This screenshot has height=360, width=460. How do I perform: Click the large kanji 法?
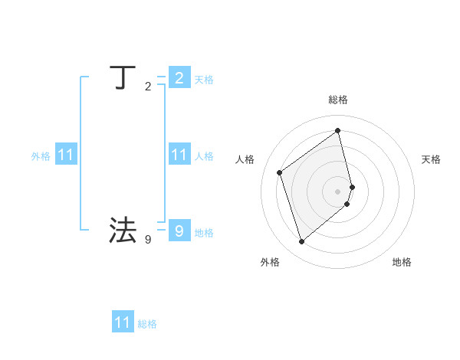(x=123, y=230)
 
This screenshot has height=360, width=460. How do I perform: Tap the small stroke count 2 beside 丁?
(x=148, y=87)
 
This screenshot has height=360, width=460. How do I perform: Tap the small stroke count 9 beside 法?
(x=148, y=240)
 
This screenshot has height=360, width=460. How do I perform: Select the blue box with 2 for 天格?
(x=179, y=77)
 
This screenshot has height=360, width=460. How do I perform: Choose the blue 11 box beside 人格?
(x=179, y=155)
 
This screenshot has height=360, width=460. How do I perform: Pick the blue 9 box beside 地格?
(x=179, y=231)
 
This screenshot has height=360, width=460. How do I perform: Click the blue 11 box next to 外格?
(x=66, y=155)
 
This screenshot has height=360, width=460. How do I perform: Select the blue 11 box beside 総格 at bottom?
(x=123, y=322)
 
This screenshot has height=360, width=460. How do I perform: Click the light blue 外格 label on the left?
(x=41, y=156)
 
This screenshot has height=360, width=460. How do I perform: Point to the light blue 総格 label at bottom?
(x=147, y=324)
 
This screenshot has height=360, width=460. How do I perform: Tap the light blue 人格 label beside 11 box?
(x=204, y=156)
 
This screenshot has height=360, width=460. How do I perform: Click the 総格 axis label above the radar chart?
(x=338, y=100)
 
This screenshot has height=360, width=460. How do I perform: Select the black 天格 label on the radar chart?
(x=431, y=159)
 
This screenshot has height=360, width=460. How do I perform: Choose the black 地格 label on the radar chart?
(x=402, y=262)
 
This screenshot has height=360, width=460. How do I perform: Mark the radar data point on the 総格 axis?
(x=338, y=130)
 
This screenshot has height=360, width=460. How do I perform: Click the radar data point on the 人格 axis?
(x=280, y=172)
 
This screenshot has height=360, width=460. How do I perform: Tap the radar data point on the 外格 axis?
(x=301, y=242)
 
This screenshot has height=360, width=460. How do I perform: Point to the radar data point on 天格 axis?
(x=353, y=187)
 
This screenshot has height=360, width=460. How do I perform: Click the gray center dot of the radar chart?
(x=338, y=191)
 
